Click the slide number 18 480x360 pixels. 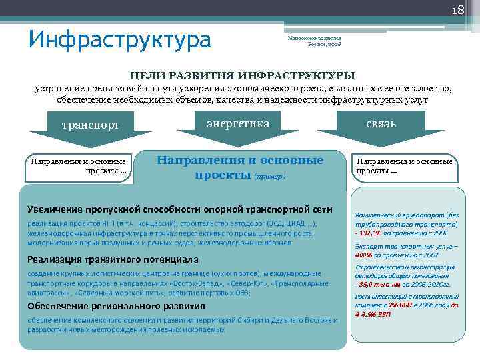[458, 10]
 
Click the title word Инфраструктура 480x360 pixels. [120, 39]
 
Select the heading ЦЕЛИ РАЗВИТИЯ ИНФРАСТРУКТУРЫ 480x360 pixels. [242, 75]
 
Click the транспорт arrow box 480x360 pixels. [90, 125]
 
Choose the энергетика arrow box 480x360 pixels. [238, 123]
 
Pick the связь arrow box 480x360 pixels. [381, 124]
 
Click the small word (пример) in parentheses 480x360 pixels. [269, 176]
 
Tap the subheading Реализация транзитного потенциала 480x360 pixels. [113, 259]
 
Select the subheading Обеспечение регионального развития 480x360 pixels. [116, 306]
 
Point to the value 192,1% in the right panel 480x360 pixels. [375, 235]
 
